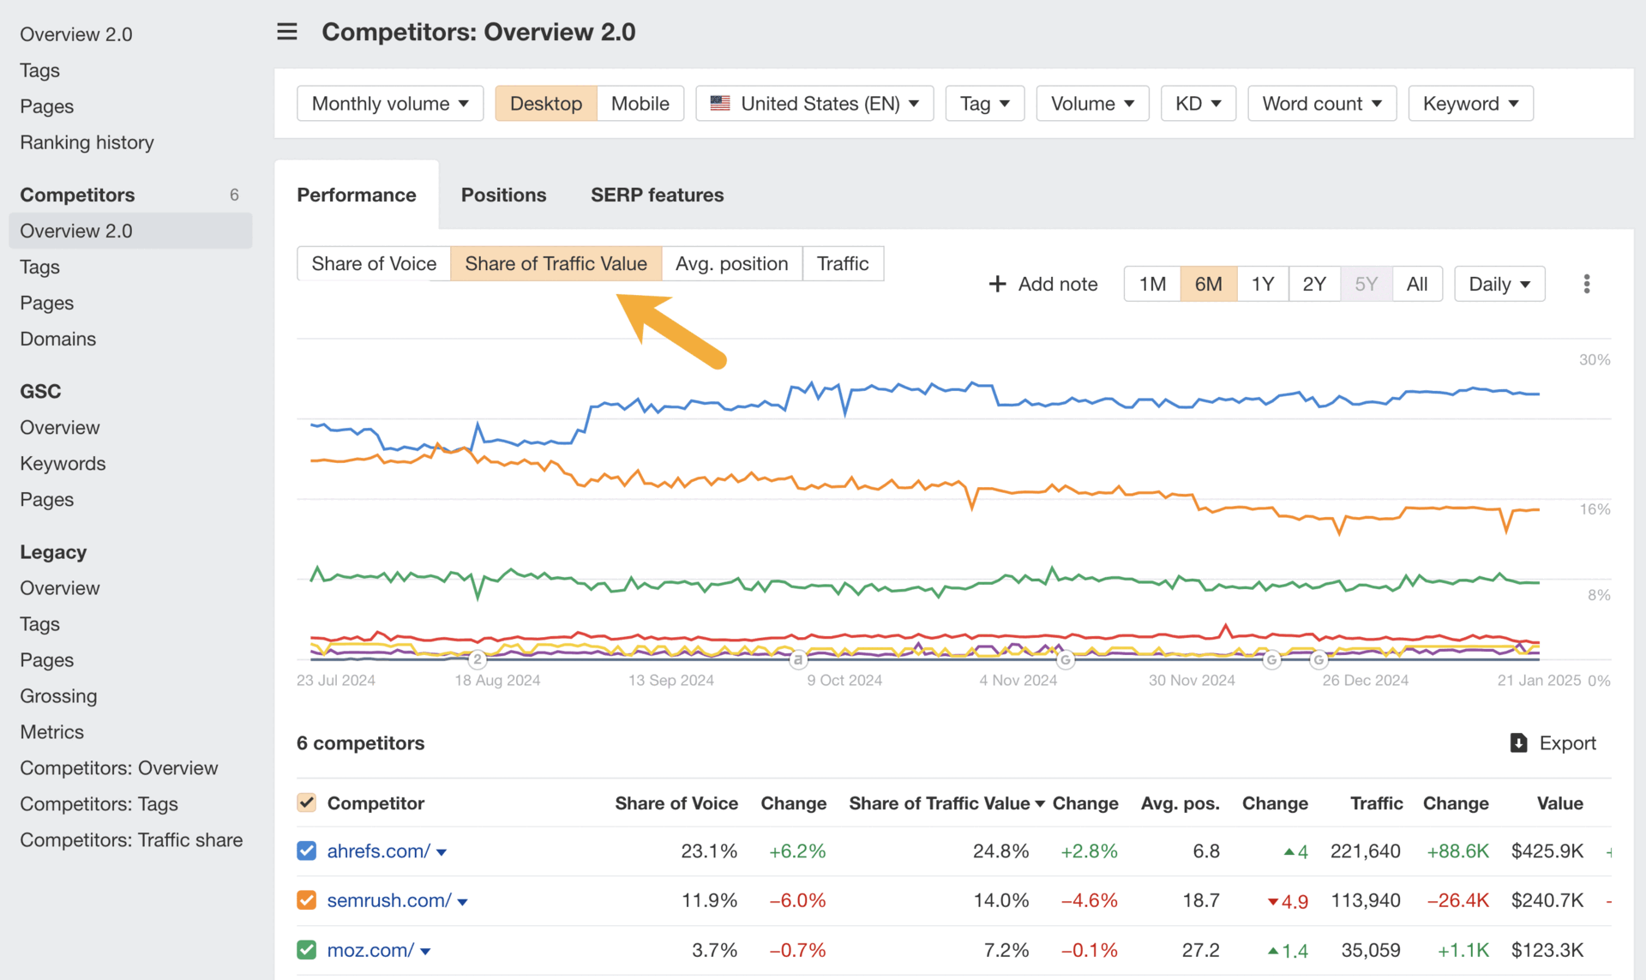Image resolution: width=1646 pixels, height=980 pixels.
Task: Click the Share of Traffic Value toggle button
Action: tap(556, 263)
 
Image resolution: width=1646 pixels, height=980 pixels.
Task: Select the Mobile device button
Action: tap(640, 104)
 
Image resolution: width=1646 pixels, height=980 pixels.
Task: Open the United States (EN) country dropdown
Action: tap(814, 104)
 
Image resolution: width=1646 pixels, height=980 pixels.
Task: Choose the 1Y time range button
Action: tap(1262, 284)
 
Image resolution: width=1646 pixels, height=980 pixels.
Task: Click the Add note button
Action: tap(1043, 284)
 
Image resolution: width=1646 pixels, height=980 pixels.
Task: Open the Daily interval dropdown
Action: tap(1499, 284)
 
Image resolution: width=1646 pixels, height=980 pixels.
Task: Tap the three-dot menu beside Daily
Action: tap(1586, 284)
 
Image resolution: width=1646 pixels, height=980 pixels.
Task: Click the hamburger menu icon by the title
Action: tap(287, 32)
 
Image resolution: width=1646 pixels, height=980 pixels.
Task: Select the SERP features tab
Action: tap(657, 195)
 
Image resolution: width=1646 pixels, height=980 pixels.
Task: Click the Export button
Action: tap(1553, 743)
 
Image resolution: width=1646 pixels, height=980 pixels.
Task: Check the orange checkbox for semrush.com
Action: tap(307, 900)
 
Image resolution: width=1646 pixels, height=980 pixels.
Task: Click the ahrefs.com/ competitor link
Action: tap(378, 851)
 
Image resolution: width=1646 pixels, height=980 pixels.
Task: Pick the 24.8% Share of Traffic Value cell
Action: tap(1000, 851)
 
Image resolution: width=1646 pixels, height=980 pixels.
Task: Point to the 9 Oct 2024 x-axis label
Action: tap(844, 680)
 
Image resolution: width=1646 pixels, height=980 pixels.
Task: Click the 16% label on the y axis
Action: tap(1595, 509)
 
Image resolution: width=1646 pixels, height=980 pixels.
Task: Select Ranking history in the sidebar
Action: tap(87, 142)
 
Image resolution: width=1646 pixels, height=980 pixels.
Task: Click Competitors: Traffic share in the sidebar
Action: tap(131, 840)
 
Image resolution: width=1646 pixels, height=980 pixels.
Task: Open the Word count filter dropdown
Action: tap(1321, 104)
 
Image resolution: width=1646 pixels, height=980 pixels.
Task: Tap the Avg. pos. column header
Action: tap(1180, 803)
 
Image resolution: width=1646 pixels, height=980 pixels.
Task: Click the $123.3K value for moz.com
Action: tap(1547, 950)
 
